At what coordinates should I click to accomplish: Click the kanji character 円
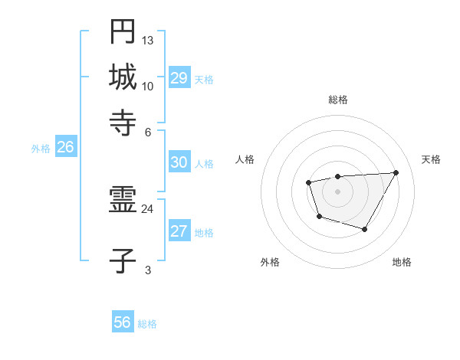coord(123,31)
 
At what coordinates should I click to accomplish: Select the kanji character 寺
coord(123,120)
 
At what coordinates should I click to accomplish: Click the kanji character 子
coord(123,262)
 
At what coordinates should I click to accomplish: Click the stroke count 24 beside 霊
coord(148,208)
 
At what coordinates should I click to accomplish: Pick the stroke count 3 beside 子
coord(148,270)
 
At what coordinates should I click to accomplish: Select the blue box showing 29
coord(179,78)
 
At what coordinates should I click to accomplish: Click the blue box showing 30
coord(179,162)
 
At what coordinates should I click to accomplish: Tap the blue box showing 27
coord(179,231)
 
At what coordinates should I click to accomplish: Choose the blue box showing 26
coord(65,147)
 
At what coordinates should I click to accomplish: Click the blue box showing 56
coord(123,322)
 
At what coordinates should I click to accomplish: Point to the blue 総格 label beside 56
coord(147,324)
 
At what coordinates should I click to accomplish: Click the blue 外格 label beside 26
coord(41,149)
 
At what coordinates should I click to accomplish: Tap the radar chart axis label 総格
coord(337,100)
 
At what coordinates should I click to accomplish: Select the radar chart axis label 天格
coord(431,159)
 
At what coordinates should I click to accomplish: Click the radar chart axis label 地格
coord(402,263)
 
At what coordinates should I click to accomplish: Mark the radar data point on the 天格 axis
coord(396,172)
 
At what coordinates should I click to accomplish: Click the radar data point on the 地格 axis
coord(365,229)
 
